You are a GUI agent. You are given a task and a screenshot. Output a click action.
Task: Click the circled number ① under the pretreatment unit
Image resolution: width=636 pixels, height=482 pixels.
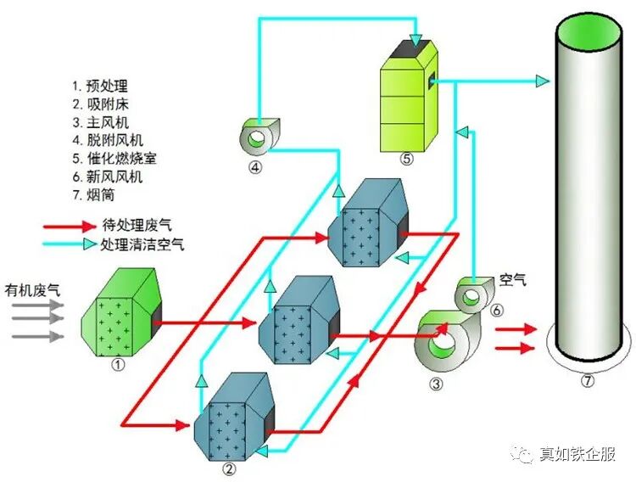[119, 364]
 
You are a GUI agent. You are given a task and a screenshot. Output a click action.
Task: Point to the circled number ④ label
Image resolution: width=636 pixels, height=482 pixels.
[254, 167]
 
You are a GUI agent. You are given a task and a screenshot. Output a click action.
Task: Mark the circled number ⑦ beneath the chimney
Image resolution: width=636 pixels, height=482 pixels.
[588, 381]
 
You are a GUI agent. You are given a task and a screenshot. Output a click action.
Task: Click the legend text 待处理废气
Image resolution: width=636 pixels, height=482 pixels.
[136, 225]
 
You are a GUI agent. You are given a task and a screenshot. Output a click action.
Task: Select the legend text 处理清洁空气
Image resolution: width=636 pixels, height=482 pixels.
[142, 244]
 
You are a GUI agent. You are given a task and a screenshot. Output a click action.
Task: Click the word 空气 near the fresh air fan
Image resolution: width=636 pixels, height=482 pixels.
[512, 278]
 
